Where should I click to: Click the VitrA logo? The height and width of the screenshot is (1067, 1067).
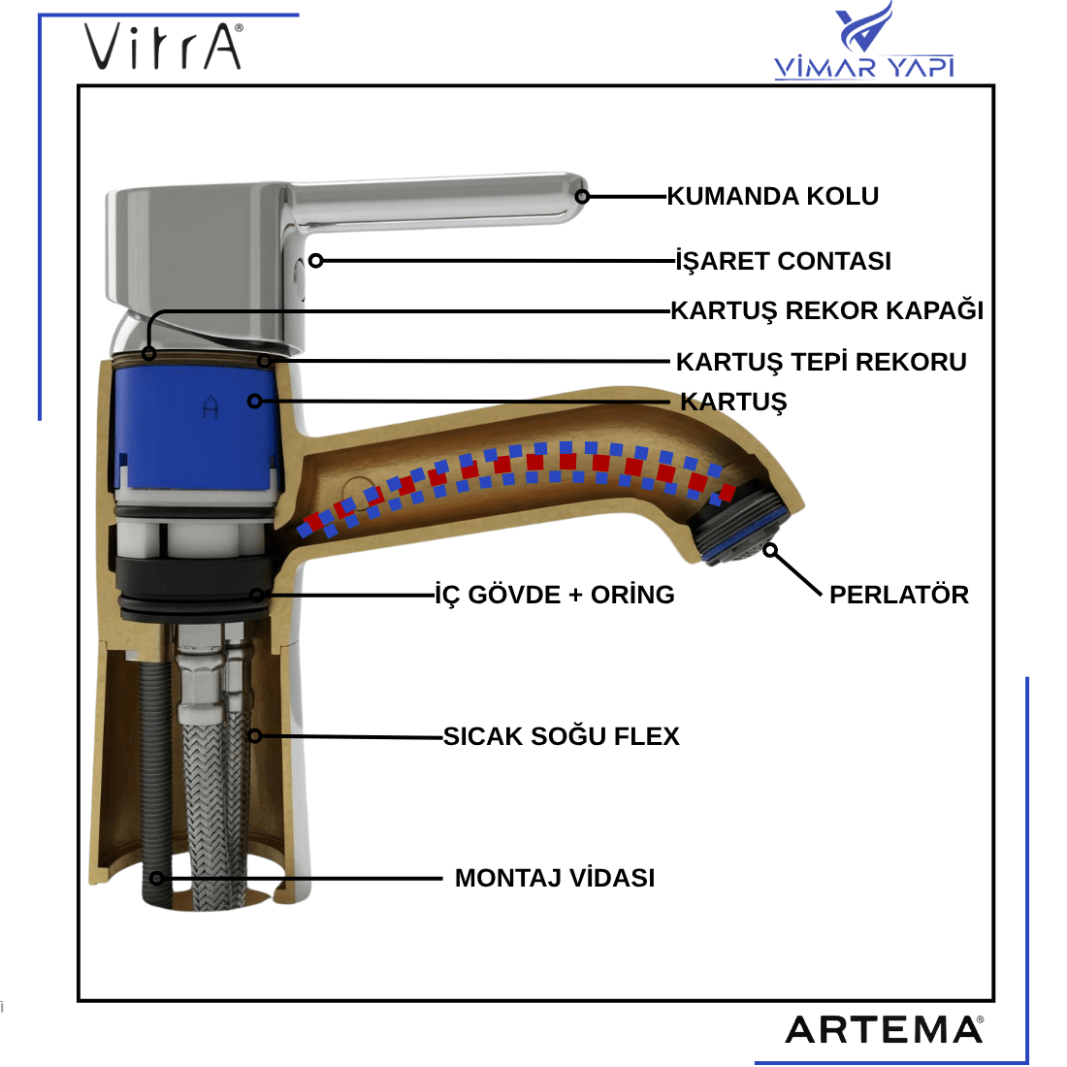163,47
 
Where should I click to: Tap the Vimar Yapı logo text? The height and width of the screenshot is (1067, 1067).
863,66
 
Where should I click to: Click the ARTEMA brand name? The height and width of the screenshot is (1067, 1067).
884,1029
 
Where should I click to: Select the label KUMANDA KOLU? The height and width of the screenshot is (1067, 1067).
772,196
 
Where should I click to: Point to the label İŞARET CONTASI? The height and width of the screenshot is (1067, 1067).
783,261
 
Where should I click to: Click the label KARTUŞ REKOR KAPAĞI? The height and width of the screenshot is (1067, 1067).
826,310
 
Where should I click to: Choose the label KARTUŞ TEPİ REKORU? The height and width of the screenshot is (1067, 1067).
821,362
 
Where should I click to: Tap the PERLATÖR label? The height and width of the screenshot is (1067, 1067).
898,595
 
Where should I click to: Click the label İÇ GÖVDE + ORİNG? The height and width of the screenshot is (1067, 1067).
554,595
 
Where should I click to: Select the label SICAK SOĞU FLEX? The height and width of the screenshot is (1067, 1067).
561,736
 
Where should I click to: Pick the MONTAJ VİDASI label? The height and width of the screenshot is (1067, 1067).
555,878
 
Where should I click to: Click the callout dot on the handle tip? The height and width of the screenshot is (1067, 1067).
582,196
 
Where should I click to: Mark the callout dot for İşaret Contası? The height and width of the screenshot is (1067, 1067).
315,261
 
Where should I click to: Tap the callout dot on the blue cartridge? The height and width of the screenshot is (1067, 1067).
254,400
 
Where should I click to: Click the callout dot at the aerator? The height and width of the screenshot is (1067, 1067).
770,550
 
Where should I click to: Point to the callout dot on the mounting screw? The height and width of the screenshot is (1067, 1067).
157,879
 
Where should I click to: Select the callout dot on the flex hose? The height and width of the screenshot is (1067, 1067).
254,736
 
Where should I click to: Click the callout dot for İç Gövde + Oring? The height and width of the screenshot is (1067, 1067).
256,595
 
